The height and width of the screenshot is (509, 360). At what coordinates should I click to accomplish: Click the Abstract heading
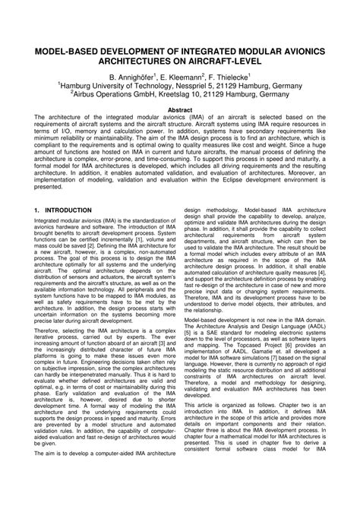tap(179, 111)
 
